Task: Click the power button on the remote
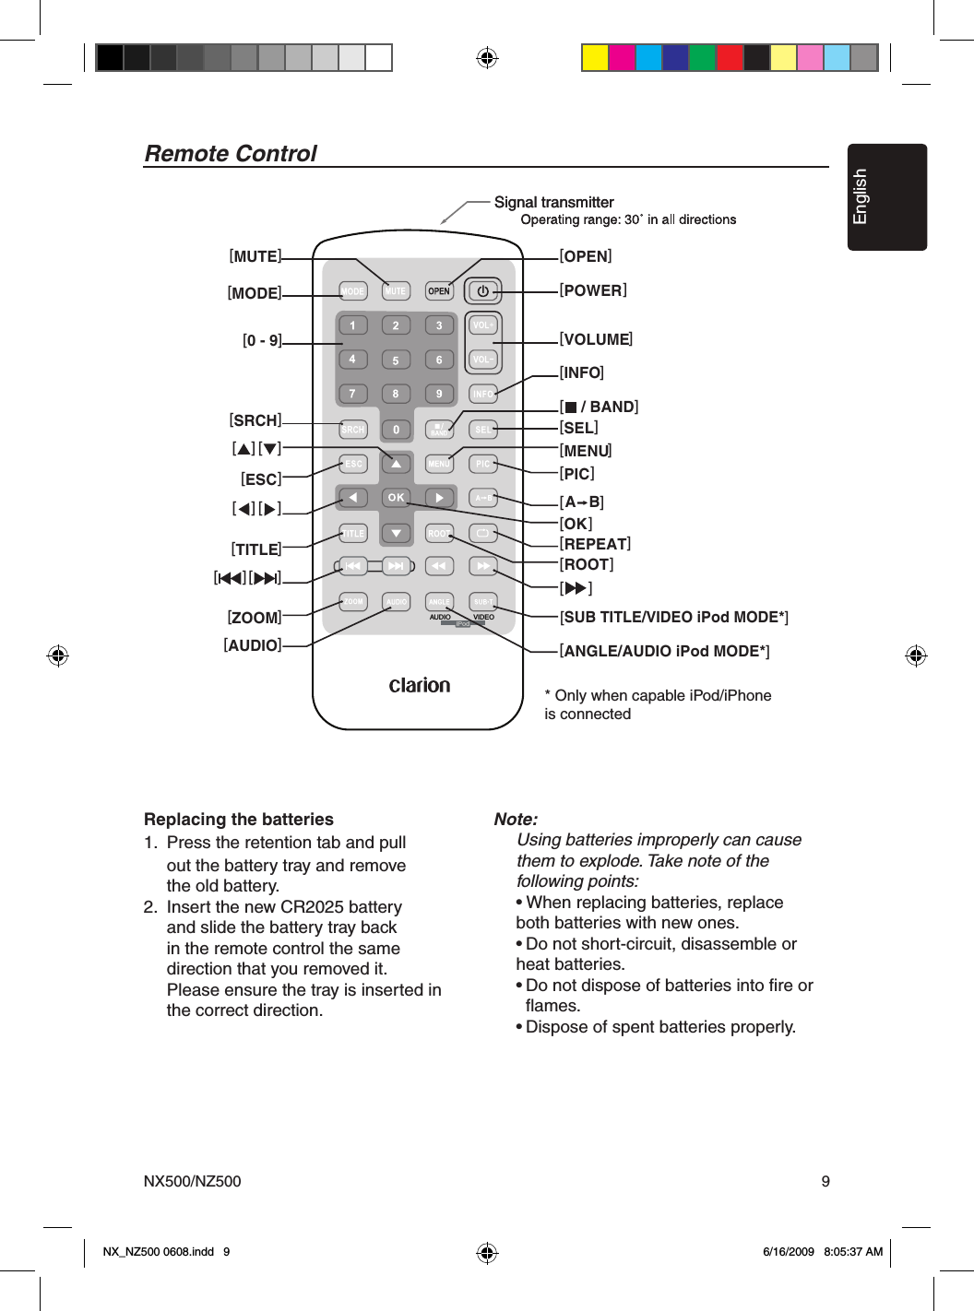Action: pos(482,291)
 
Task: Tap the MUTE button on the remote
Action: pos(396,291)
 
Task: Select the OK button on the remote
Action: pos(396,498)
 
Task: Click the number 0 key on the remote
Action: pos(396,430)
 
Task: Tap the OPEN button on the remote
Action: pos(439,291)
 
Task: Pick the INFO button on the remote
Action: pos(482,395)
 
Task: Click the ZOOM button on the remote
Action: pos(353,602)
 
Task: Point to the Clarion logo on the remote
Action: pos(420,685)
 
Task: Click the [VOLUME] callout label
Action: pos(596,339)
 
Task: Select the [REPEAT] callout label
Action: pos(595,544)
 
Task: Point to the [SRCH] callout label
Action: pos(255,420)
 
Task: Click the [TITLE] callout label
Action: pos(256,549)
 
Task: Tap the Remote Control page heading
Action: pos(231,153)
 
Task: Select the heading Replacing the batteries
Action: pos(239,819)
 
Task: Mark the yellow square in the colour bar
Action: pos(594,58)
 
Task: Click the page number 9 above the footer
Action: pos(826,1181)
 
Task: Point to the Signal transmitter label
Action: pos(553,202)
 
